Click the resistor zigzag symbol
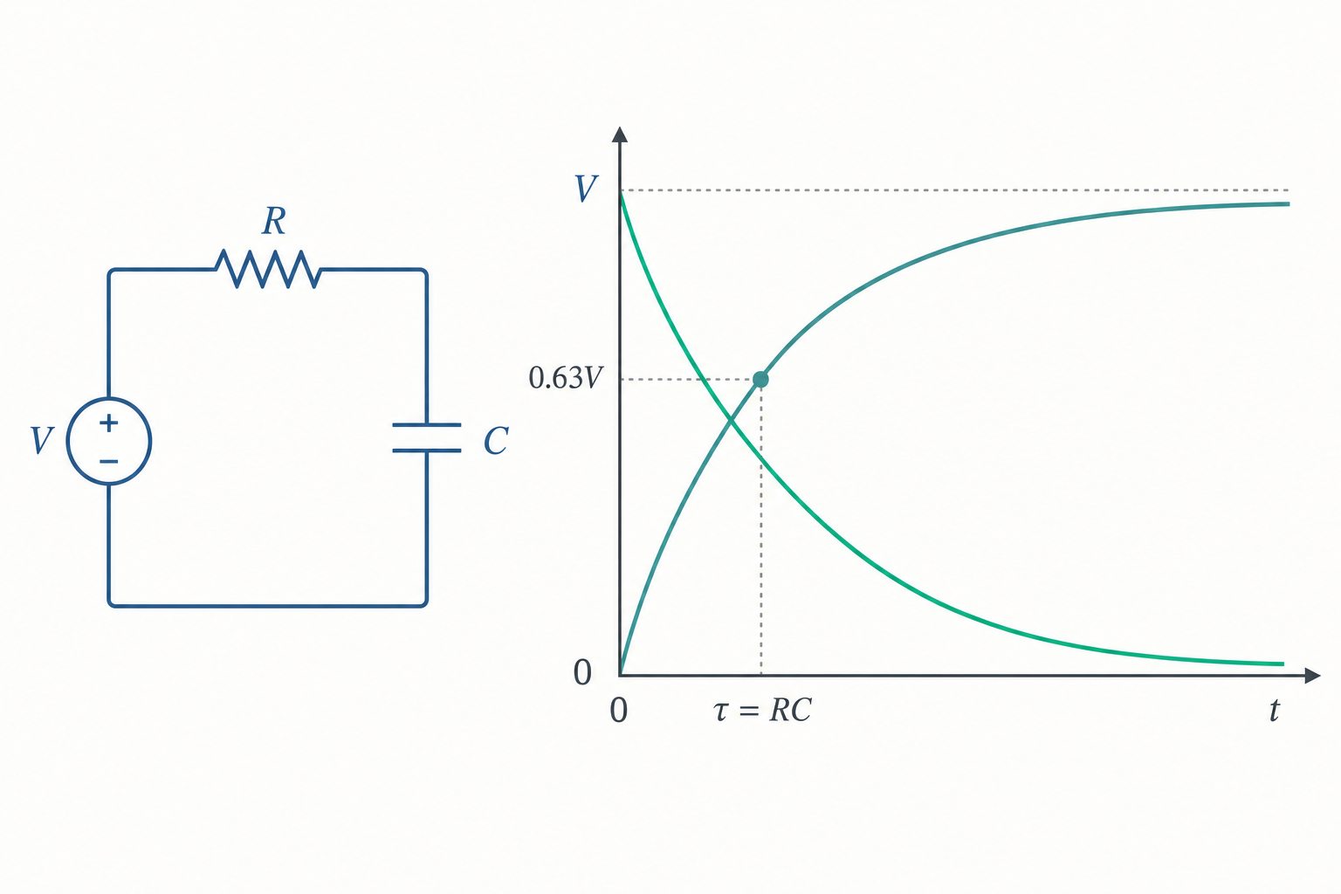268,269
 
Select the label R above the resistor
274,221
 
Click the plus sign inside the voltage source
109,423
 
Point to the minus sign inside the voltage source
109,461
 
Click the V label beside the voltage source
42,441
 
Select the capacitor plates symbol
427,437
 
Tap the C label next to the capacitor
496,441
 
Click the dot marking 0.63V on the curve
760,379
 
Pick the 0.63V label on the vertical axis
565,378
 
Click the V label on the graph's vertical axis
586,189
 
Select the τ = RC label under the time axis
763,711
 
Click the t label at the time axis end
1275,710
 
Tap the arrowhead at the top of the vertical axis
620,134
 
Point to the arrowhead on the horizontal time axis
1312,676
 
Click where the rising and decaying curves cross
731,421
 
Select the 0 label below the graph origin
619,711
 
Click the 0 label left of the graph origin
582,672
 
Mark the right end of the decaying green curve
1283,664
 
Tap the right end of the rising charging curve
1289,204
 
